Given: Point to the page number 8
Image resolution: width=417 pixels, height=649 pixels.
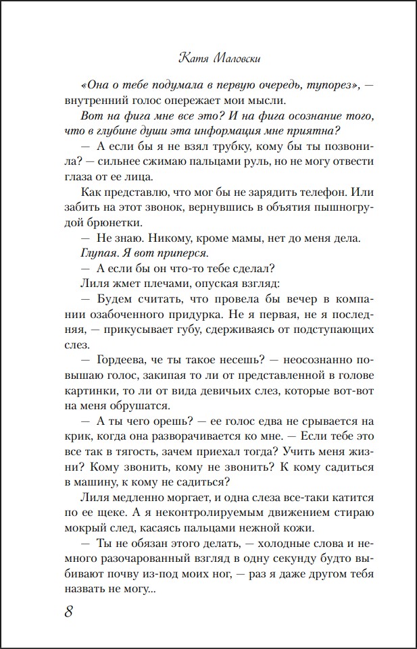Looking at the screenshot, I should [x=69, y=612].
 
